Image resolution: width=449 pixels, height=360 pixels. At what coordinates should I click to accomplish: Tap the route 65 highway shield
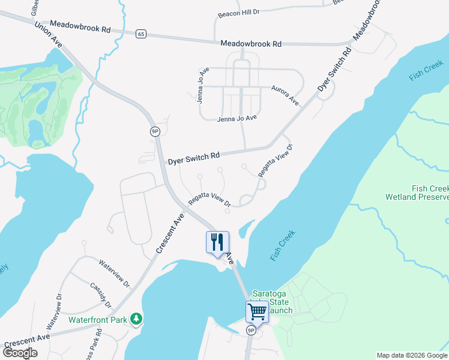point(140,34)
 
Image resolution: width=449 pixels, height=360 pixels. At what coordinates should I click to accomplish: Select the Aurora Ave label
point(285,95)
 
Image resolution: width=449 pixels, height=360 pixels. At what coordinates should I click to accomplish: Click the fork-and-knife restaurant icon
point(217,242)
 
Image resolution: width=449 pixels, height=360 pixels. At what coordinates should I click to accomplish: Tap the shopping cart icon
point(257,311)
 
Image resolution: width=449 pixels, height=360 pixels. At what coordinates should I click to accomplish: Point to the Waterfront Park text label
point(98,320)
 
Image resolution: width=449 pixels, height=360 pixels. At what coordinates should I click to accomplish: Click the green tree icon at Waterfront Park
point(137,319)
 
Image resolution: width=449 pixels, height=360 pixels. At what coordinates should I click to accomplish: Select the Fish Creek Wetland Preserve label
point(417,193)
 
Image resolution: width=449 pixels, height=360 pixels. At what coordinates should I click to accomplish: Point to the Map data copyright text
point(412,355)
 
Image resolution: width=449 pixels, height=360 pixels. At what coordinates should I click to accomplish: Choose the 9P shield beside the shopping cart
point(252,330)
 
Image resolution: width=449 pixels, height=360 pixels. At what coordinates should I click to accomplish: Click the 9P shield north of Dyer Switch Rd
point(155,131)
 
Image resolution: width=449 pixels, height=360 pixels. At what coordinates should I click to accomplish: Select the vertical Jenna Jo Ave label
point(202,86)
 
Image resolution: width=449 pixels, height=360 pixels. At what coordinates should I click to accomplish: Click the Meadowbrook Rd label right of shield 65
point(251,44)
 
